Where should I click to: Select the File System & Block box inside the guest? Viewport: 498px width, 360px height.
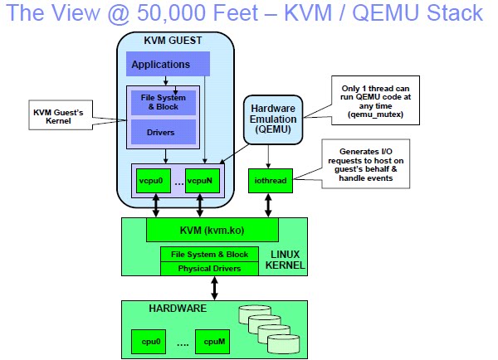click(163, 102)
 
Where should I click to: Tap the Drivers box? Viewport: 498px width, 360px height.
click(163, 131)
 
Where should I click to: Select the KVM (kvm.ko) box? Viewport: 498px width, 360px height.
click(212, 230)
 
